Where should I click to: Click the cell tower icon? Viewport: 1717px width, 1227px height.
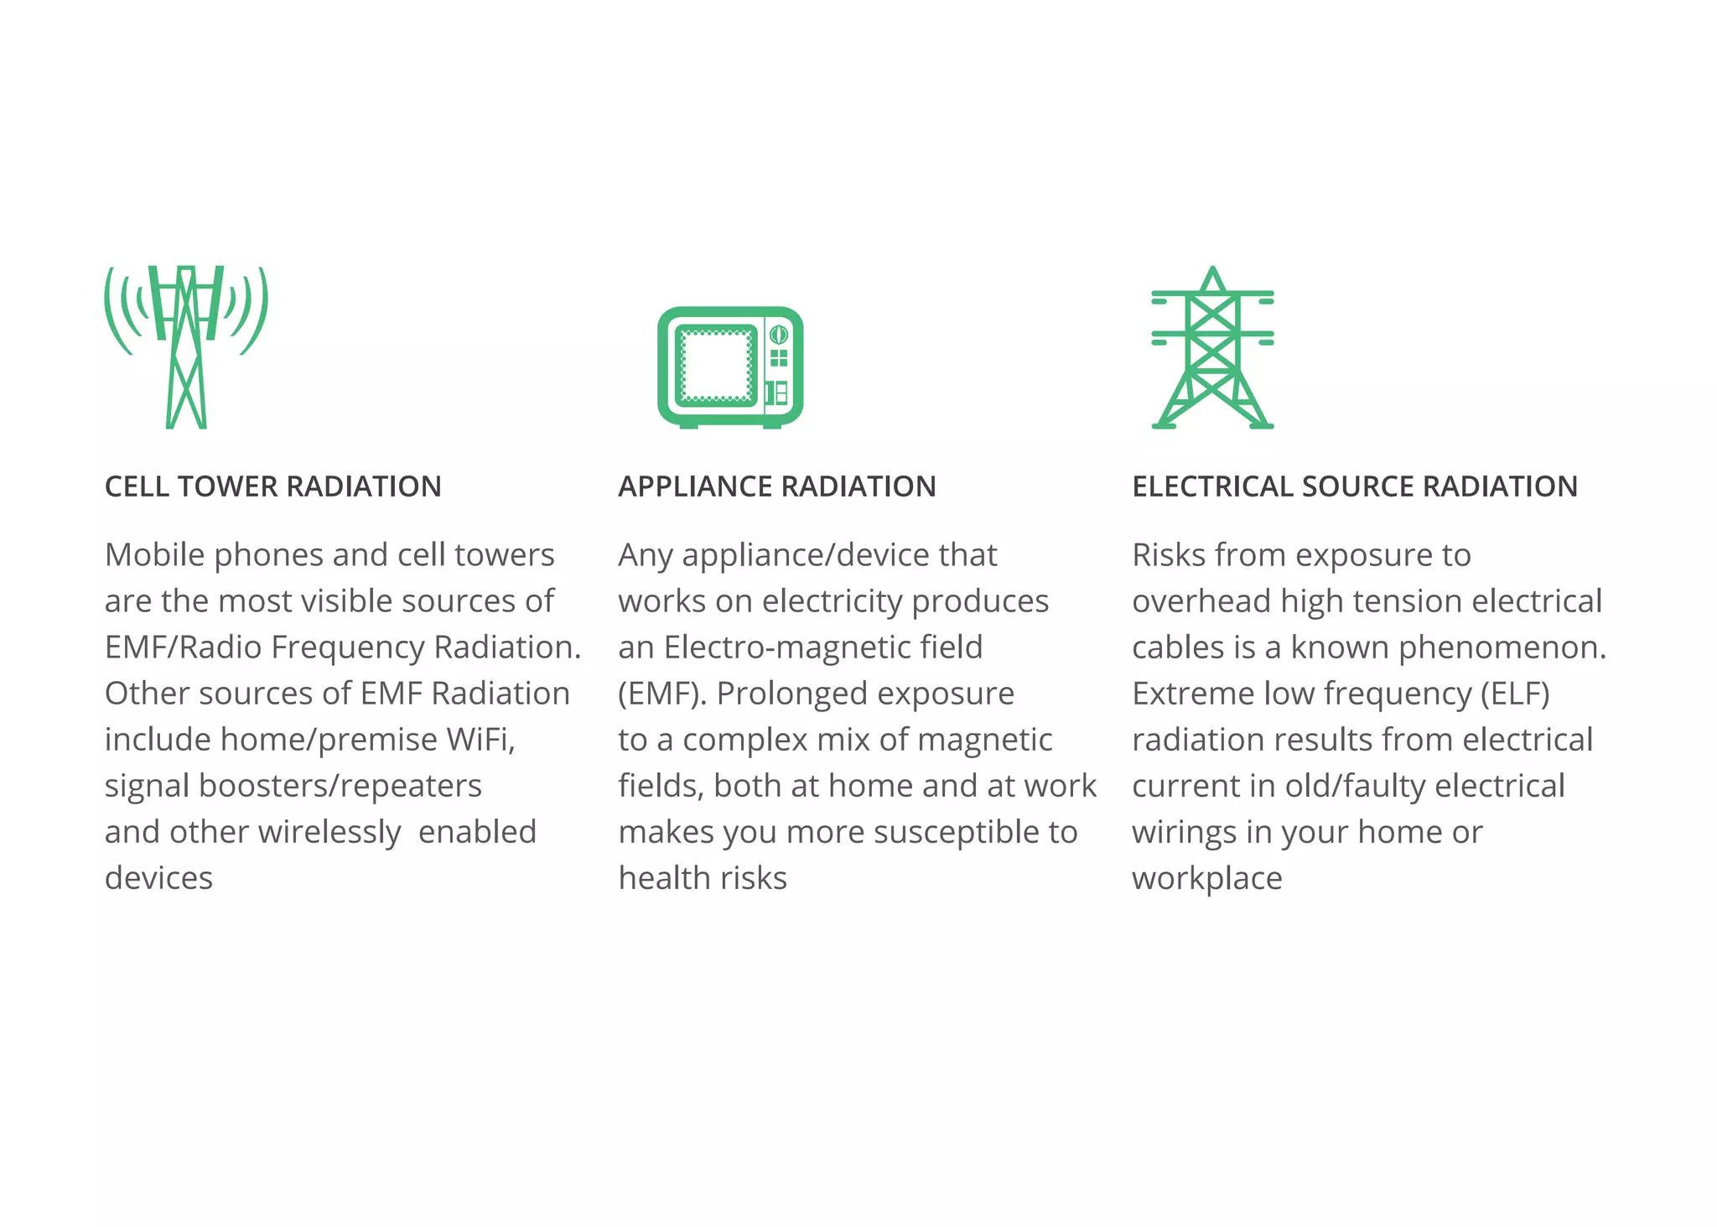(x=186, y=346)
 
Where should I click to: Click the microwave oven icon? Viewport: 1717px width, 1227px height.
(x=730, y=367)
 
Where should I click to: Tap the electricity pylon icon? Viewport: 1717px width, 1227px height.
(x=1212, y=348)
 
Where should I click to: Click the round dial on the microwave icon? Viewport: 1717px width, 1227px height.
(x=779, y=335)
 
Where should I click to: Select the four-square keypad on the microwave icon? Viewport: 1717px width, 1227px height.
(x=779, y=359)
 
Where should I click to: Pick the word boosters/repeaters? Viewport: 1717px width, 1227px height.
(x=340, y=786)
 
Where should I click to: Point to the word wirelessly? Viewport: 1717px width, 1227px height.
(x=329, y=832)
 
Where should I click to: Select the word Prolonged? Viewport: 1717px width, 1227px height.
(x=792, y=694)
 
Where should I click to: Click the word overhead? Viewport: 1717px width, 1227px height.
(x=1201, y=601)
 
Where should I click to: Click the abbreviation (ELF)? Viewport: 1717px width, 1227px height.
(x=1515, y=694)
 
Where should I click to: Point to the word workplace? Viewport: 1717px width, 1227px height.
(x=1206, y=878)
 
